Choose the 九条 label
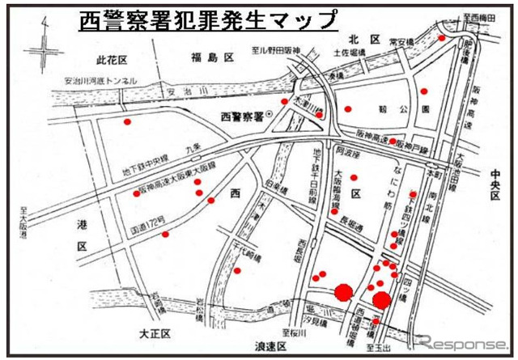pyautogui.click(x=193, y=149)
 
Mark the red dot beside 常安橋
pyautogui.click(x=441, y=36)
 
